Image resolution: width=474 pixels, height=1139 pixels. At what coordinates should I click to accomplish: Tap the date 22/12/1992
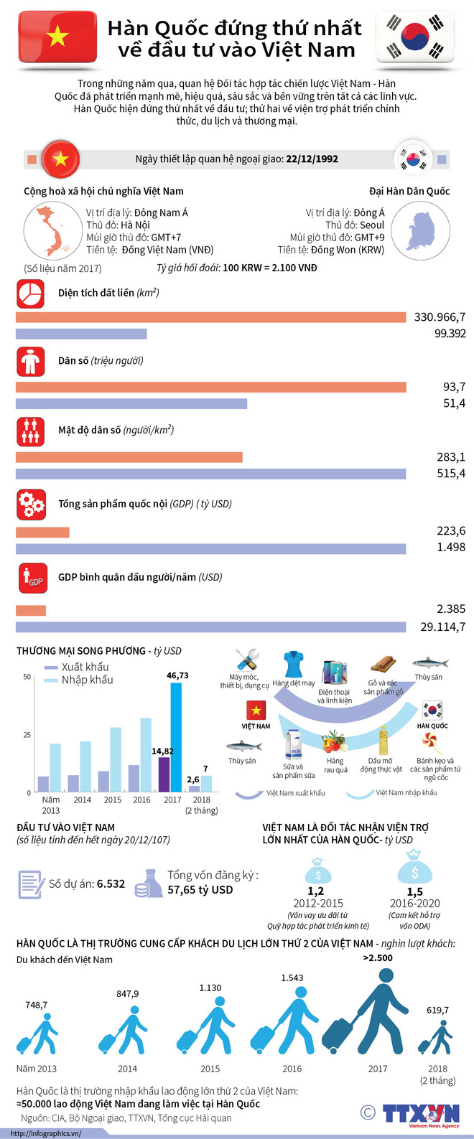point(312,159)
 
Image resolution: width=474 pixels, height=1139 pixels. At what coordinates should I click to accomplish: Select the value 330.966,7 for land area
point(440,317)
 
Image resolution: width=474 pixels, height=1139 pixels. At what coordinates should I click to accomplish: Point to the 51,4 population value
point(454,403)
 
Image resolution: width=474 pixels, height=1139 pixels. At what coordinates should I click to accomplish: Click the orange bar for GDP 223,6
point(42,532)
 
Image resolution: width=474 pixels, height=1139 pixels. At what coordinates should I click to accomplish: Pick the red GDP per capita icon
point(32,578)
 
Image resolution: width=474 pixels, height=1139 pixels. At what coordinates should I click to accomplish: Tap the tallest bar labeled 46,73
point(175,737)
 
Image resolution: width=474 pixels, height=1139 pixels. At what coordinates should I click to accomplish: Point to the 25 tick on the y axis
point(27,735)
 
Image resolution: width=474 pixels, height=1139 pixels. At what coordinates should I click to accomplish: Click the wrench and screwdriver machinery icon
point(246,660)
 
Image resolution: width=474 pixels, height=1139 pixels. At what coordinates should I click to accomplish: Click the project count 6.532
point(111,883)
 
